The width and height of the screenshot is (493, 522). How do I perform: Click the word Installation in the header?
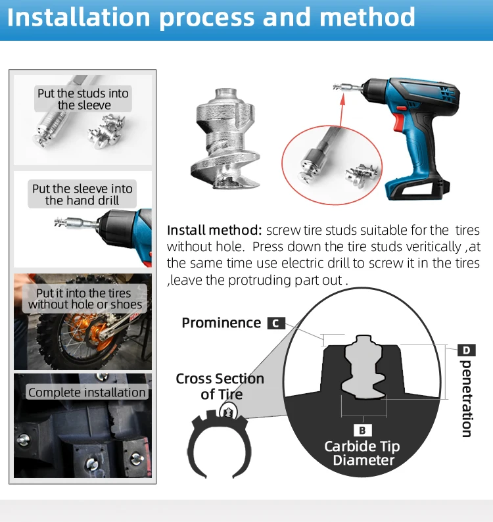click(78, 16)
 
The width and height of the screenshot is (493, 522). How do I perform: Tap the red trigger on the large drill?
click(398, 122)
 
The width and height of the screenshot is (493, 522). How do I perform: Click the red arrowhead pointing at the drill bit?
click(342, 99)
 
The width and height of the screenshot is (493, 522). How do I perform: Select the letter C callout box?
click(276, 323)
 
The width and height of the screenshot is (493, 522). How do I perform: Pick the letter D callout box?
click(466, 350)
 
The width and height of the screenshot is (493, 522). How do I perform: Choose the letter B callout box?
click(362, 430)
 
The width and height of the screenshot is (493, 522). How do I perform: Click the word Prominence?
click(222, 323)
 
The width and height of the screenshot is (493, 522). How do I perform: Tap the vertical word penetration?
click(467, 398)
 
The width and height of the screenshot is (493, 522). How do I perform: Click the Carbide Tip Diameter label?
click(362, 453)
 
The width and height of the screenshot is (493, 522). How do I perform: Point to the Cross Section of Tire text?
click(220, 386)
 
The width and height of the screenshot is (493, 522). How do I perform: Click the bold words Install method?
click(215, 230)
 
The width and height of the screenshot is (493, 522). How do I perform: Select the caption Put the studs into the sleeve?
click(83, 99)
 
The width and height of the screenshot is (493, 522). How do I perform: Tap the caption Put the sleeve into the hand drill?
click(82, 195)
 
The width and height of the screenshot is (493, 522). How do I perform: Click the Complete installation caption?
click(87, 392)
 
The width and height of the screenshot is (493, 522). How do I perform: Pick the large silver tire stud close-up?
click(225, 138)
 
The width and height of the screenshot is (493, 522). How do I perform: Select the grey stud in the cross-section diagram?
click(364, 367)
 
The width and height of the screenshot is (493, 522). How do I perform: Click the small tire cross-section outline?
click(219, 442)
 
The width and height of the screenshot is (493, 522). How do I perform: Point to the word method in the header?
click(367, 16)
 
